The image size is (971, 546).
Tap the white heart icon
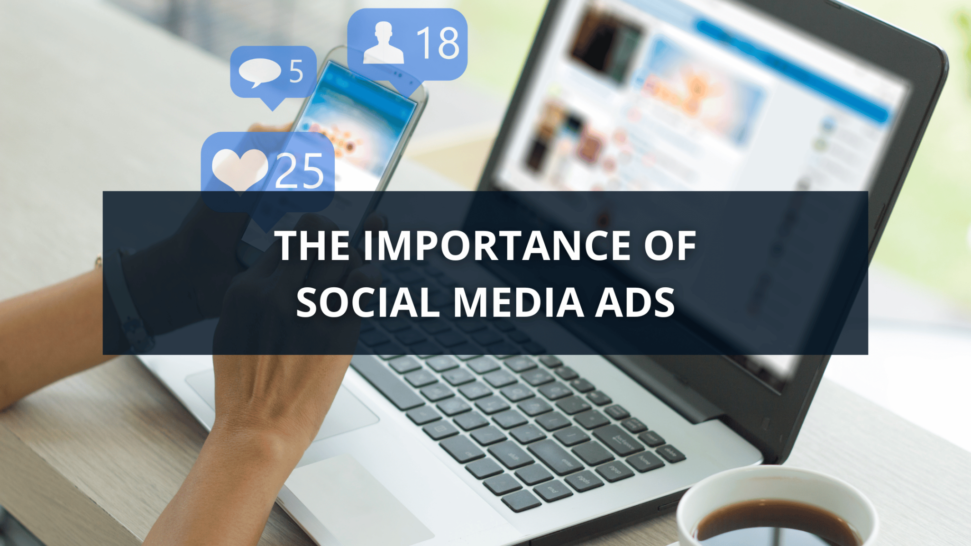click(240, 170)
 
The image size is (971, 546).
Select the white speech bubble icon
click(259, 73)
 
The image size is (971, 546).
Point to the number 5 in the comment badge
click(296, 72)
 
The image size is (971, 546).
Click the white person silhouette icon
click(384, 43)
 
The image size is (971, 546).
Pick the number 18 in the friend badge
click(438, 43)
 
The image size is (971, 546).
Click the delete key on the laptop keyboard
click(670, 453)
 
